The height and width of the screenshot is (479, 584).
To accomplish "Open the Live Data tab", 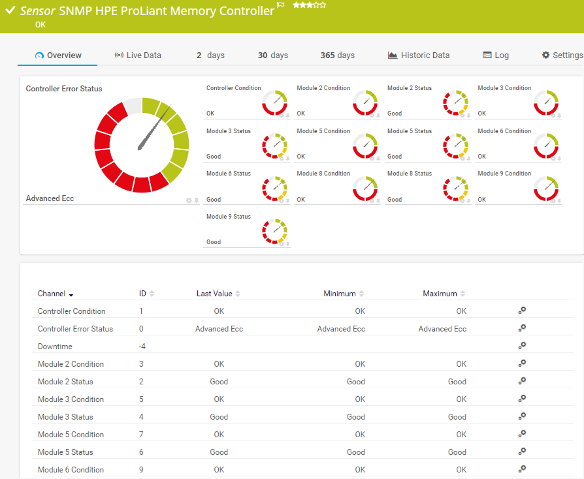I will [138, 55].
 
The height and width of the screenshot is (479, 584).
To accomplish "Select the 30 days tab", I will [273, 55].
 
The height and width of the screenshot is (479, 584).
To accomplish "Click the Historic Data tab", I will [419, 55].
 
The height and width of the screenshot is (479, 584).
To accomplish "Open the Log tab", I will [496, 55].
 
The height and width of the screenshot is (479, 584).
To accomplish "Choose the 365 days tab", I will [337, 55].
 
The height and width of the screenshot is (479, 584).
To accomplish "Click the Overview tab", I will [58, 55].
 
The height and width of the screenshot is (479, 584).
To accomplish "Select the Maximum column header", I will [440, 294].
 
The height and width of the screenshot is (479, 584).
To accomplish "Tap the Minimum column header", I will [340, 294].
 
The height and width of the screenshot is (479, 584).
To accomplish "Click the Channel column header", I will [52, 294].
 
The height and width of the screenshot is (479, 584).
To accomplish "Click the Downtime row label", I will [55, 347].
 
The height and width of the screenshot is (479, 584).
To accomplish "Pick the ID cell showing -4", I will [142, 347].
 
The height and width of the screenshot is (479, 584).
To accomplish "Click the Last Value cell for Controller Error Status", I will [219, 329].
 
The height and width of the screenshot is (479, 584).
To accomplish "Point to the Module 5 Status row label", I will [65, 452].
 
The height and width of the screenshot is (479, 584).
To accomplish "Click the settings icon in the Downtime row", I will [522, 346].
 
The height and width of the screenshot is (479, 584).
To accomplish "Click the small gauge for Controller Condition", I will [275, 103].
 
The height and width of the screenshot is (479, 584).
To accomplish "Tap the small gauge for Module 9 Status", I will [275, 232].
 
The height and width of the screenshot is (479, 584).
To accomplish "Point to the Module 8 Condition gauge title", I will [323, 174].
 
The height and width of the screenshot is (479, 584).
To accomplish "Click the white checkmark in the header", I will [10, 10].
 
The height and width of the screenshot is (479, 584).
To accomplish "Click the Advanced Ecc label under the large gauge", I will [50, 198].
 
